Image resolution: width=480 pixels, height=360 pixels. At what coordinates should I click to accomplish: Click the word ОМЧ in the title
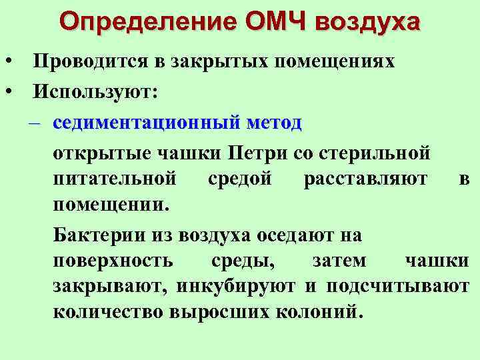click(275, 21)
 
